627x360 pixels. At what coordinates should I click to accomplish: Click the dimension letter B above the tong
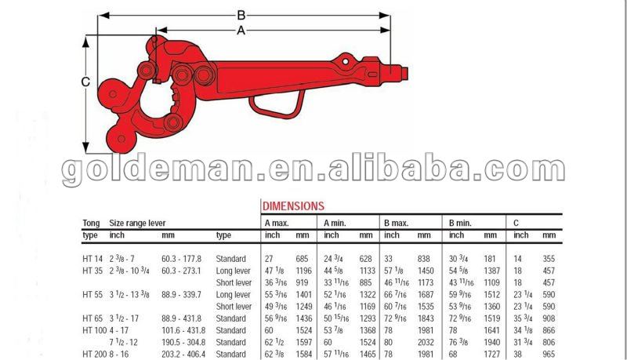242,14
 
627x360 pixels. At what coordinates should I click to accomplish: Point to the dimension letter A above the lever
241,30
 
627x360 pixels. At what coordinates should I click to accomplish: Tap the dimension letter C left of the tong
86,82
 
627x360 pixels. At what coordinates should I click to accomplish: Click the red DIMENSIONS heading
292,206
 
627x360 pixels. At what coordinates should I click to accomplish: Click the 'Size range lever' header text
137,224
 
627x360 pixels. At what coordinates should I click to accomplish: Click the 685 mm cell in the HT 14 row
303,259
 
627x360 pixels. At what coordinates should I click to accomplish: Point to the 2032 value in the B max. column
425,343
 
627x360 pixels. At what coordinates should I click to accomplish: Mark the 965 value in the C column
549,355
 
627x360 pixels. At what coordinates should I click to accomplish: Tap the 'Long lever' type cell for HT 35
233,271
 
